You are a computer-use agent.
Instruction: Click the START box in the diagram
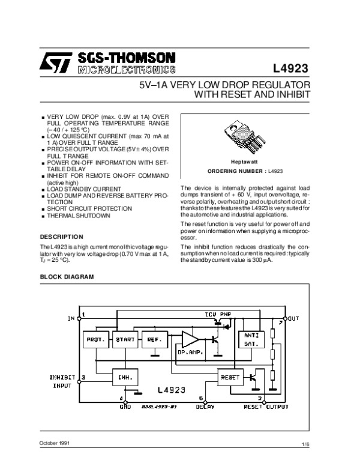pos(125,339)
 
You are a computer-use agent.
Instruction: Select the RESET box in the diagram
pos(230,378)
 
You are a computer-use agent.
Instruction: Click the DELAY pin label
pos(205,407)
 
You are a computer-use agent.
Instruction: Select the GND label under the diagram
pos(125,407)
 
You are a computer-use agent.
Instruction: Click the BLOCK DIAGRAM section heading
pos(67,277)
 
